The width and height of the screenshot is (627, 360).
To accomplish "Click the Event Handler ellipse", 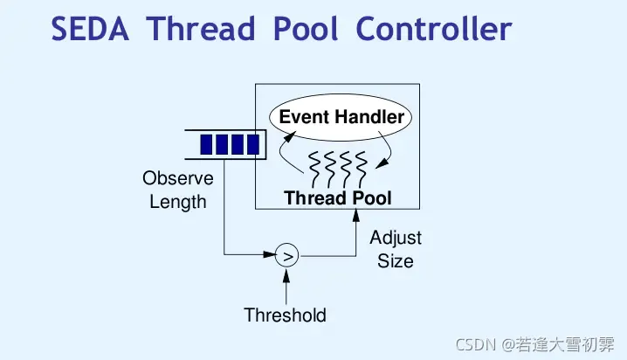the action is [x=341, y=117].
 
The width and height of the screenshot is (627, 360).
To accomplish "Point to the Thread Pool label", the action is [x=338, y=197].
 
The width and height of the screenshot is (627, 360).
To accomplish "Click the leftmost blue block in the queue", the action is [x=209, y=144].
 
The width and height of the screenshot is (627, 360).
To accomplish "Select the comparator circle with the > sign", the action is [x=286, y=256].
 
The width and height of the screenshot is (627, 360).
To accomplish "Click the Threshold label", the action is [x=285, y=315].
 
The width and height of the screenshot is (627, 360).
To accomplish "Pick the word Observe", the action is [x=178, y=179].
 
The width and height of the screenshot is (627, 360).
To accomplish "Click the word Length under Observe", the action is [x=178, y=203].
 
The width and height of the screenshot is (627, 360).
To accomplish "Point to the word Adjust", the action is [x=396, y=238].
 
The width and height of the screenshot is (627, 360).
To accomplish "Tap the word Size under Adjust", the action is [x=396, y=260].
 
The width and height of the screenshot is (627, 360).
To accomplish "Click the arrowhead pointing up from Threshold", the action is [x=286, y=273].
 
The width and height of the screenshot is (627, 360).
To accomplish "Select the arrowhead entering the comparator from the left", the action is [x=270, y=256].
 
